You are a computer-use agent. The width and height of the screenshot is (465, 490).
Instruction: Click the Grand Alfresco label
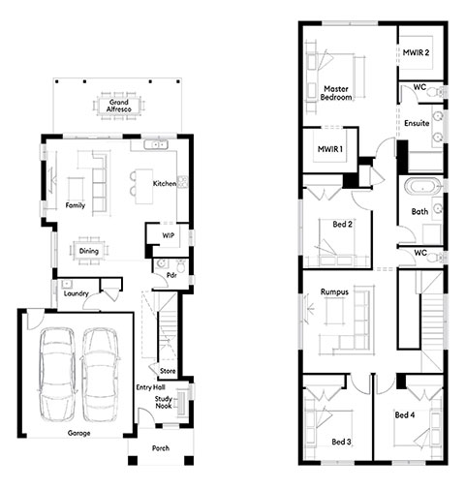119,106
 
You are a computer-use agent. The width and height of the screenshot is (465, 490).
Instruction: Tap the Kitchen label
165,183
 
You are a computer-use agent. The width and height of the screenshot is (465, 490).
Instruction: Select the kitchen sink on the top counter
156,144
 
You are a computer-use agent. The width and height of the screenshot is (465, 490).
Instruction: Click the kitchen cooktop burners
182,182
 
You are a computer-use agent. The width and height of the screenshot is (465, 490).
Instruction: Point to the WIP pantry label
169,235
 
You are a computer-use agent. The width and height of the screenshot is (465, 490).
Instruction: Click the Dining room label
89,251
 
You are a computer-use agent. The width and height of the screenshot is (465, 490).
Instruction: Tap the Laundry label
77,293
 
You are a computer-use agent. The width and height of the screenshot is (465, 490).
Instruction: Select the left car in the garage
57,375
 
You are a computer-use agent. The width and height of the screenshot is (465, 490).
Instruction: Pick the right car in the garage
100,375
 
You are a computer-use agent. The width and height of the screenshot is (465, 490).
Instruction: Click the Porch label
161,448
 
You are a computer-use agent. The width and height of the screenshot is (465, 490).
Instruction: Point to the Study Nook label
164,402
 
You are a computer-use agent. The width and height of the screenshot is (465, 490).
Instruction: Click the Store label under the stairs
168,371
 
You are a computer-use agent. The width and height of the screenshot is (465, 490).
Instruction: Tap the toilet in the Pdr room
181,265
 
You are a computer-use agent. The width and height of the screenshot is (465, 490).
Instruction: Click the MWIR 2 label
416,52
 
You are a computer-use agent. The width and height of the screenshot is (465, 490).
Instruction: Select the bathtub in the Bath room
422,187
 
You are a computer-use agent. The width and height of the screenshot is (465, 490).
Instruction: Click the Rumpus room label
334,291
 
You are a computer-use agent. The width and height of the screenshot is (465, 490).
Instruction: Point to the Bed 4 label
405,414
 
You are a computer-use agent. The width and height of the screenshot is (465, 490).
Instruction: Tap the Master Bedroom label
336,93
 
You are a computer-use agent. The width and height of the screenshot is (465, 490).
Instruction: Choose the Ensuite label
417,123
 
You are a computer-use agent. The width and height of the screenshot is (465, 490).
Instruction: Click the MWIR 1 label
330,149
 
